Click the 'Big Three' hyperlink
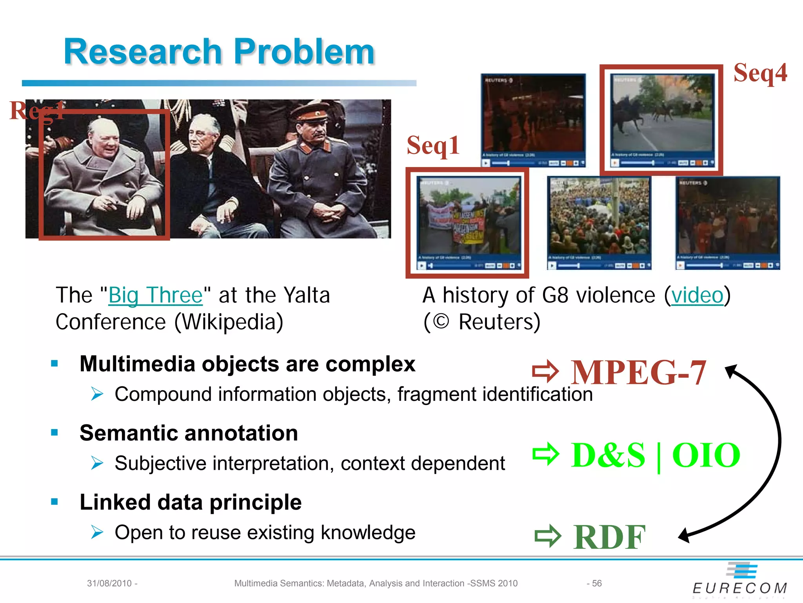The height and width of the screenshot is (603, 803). [155, 295]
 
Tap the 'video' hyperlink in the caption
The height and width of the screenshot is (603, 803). [697, 295]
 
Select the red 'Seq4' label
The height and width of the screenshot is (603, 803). [760, 73]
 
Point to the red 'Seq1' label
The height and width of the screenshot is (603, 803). [433, 145]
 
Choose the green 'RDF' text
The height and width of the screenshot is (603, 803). [609, 537]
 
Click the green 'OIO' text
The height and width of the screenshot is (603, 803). [706, 455]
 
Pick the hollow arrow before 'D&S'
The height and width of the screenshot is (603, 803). [546, 455]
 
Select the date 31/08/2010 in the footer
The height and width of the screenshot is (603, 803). [109, 583]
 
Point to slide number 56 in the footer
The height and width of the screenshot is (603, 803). [596, 583]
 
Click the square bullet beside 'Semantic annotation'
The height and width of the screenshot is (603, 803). [55, 433]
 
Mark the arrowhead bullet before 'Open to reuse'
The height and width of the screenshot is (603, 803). [97, 532]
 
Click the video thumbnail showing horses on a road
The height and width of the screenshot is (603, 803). [662, 119]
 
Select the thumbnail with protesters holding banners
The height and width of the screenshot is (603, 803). [469, 222]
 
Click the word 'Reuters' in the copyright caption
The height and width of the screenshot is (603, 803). [499, 322]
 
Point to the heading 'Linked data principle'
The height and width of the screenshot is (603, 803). [191, 502]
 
